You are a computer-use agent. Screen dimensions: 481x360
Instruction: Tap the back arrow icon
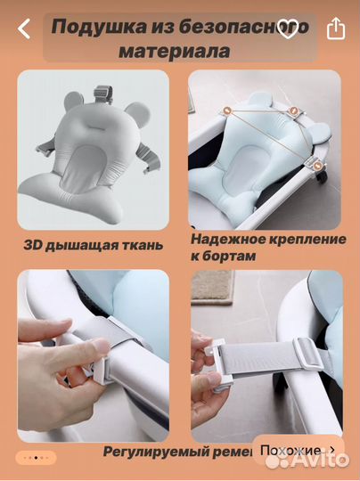click(24, 29)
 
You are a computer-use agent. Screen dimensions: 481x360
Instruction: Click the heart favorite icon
click(287, 29)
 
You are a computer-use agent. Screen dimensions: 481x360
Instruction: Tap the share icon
click(335, 29)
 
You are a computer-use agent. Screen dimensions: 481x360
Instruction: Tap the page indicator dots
click(37, 457)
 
